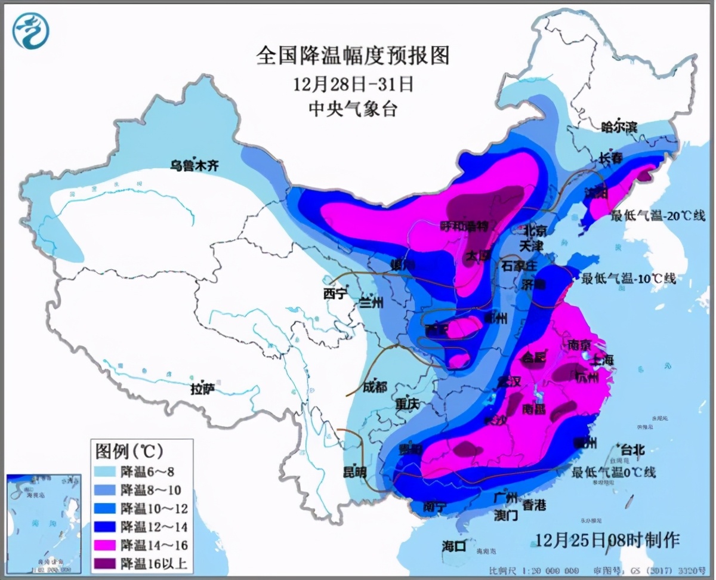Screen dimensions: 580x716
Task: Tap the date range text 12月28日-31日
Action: [x=353, y=84]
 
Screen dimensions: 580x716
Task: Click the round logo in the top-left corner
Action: [x=31, y=31]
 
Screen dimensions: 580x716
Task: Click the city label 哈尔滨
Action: [x=619, y=127]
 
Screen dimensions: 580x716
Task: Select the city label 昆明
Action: [x=354, y=472]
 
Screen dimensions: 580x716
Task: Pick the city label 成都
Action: [x=374, y=387]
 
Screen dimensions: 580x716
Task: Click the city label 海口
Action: [x=453, y=545]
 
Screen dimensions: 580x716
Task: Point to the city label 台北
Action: [x=632, y=450]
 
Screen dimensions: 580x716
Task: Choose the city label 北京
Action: [x=535, y=230]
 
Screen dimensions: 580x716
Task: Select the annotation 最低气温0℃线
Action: [x=614, y=473]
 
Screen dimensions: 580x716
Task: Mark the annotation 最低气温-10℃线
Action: [x=628, y=278]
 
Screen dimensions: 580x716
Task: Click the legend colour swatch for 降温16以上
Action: [x=106, y=563]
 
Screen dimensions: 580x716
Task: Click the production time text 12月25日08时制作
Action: [x=607, y=541]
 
